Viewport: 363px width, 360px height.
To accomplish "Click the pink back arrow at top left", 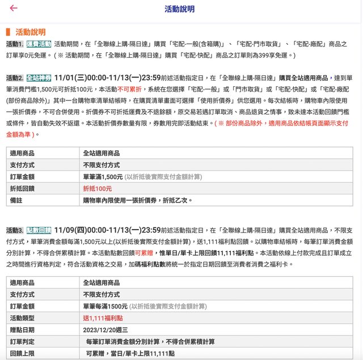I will tap(14, 9).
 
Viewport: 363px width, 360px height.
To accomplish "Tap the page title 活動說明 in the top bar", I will tap(179, 9).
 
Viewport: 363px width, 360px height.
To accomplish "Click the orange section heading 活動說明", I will tap(31, 32).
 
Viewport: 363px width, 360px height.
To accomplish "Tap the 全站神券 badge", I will tap(39, 78).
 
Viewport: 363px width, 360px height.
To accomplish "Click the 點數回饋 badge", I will tap(39, 230).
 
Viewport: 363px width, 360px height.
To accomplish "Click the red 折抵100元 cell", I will tap(97, 188).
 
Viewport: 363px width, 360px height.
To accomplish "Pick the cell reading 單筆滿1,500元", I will tap(103, 176).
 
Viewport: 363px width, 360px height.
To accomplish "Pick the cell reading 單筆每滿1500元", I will tap(105, 306).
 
